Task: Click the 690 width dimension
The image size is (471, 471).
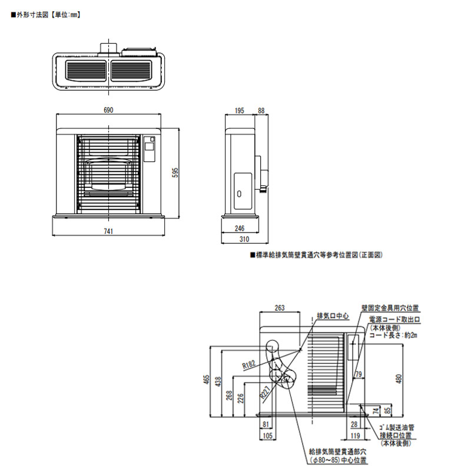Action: [108, 110]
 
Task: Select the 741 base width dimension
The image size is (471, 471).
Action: [108, 231]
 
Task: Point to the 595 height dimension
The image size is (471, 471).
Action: [175, 171]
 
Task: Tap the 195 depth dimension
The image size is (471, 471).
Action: [239, 110]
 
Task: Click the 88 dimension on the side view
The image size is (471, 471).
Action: [261, 110]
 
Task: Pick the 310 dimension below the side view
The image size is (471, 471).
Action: [244, 240]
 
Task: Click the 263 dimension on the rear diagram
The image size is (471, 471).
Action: [280, 307]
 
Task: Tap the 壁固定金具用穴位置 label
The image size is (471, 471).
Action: [390, 307]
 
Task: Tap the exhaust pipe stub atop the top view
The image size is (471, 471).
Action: [107, 47]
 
